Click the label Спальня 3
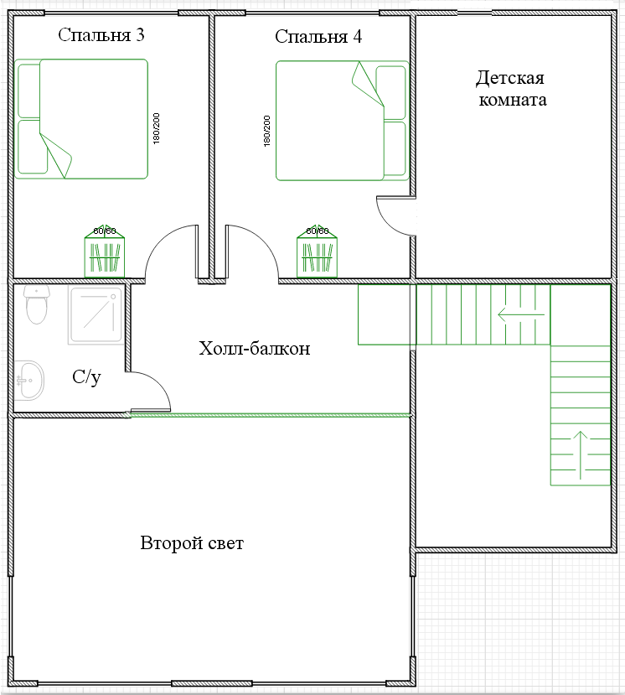point(101,35)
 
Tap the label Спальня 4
point(318,37)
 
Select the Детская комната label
point(512,89)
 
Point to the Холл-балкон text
point(254,349)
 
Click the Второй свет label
point(192,543)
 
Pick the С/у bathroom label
point(86,377)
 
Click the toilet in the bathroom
point(37,304)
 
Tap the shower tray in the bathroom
point(96,314)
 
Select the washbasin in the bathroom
point(29,381)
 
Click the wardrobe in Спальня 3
point(105,252)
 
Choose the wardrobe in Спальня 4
point(318,252)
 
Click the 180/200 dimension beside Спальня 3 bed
point(156,128)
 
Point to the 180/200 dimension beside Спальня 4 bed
point(266,131)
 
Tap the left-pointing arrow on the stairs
point(521,315)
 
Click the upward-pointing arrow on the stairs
point(581,455)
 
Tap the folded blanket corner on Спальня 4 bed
point(368,84)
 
